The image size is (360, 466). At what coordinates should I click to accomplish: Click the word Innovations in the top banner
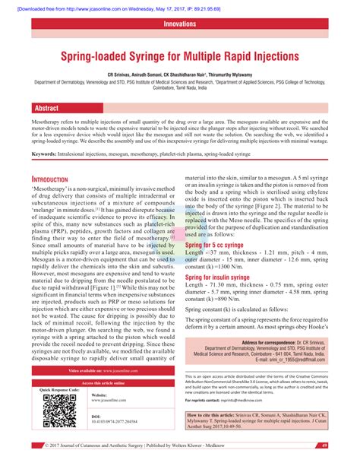180,24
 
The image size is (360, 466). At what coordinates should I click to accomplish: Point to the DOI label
96,417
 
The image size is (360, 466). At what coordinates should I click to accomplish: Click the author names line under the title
180,74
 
